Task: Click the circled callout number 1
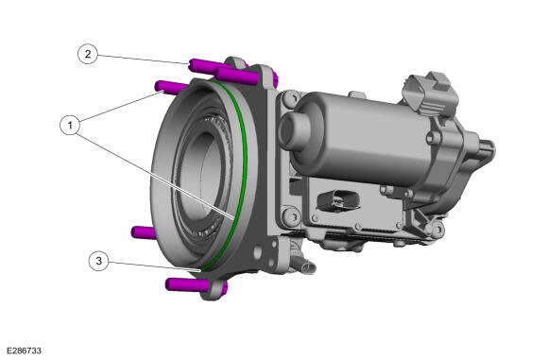click(x=70, y=125)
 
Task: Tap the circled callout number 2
click(x=87, y=54)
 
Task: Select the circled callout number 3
click(x=99, y=261)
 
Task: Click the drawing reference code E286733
click(x=25, y=351)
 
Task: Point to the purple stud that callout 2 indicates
click(x=204, y=66)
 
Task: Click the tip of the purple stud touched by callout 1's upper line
click(x=158, y=86)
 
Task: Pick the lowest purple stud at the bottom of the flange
click(x=189, y=284)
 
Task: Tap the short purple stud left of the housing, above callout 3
click(x=144, y=232)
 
